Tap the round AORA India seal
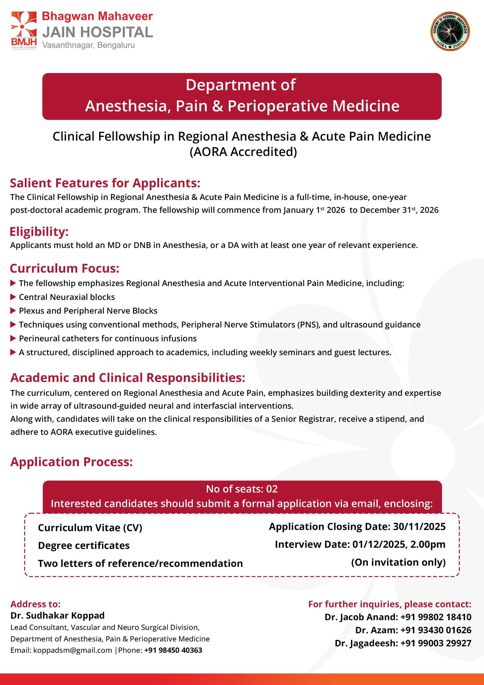(450, 31)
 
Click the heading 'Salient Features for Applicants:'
(105, 183)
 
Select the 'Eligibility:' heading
(39, 231)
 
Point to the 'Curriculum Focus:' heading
(64, 268)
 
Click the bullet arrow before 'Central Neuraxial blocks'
(13, 297)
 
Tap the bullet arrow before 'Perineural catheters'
(13, 338)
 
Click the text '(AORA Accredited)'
(243, 151)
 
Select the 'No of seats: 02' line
(242, 489)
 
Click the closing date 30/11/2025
(419, 527)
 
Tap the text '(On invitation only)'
(398, 562)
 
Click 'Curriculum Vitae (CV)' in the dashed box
(90, 527)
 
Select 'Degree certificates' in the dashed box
(83, 545)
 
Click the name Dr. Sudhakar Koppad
(57, 615)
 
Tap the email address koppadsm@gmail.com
(73, 650)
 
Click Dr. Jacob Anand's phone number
(436, 617)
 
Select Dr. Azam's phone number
(436, 630)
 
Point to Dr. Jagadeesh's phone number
(436, 643)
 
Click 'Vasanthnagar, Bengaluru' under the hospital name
(88, 45)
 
